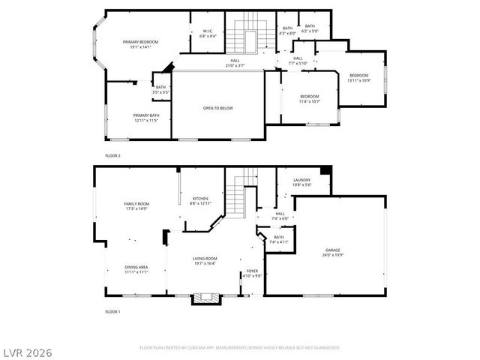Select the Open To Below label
point(217,108)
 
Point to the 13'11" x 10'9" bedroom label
point(358,77)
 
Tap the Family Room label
point(136,205)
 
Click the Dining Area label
point(136,269)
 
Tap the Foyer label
point(252,273)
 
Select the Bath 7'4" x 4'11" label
point(278,239)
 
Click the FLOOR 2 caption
point(112,155)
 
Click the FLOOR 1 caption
point(112,310)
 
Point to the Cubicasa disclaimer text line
point(240,347)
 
